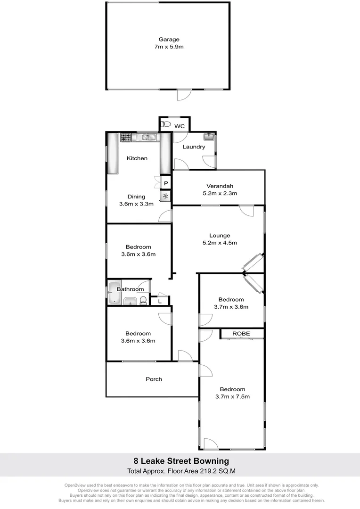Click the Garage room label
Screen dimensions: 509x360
[x=168, y=40]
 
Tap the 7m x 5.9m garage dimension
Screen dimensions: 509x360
[x=168, y=47]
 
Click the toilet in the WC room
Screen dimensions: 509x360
[x=165, y=125]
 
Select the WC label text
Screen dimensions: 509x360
[x=180, y=126]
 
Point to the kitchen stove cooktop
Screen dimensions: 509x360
[x=126, y=138]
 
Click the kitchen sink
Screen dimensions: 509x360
[x=149, y=137]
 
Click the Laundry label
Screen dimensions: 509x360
[x=194, y=147]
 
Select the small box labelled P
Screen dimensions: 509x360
[x=166, y=183]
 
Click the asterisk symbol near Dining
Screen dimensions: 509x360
[x=165, y=196]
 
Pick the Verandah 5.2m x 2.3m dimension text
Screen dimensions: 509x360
[x=220, y=193]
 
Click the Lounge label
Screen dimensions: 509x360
[x=220, y=236]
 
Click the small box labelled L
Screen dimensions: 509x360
[x=160, y=301]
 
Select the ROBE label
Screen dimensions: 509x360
[x=241, y=334]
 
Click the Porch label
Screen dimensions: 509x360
[x=154, y=379]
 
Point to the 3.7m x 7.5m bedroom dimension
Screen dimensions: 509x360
[x=232, y=397]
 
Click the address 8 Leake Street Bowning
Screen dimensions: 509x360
[x=180, y=461]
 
